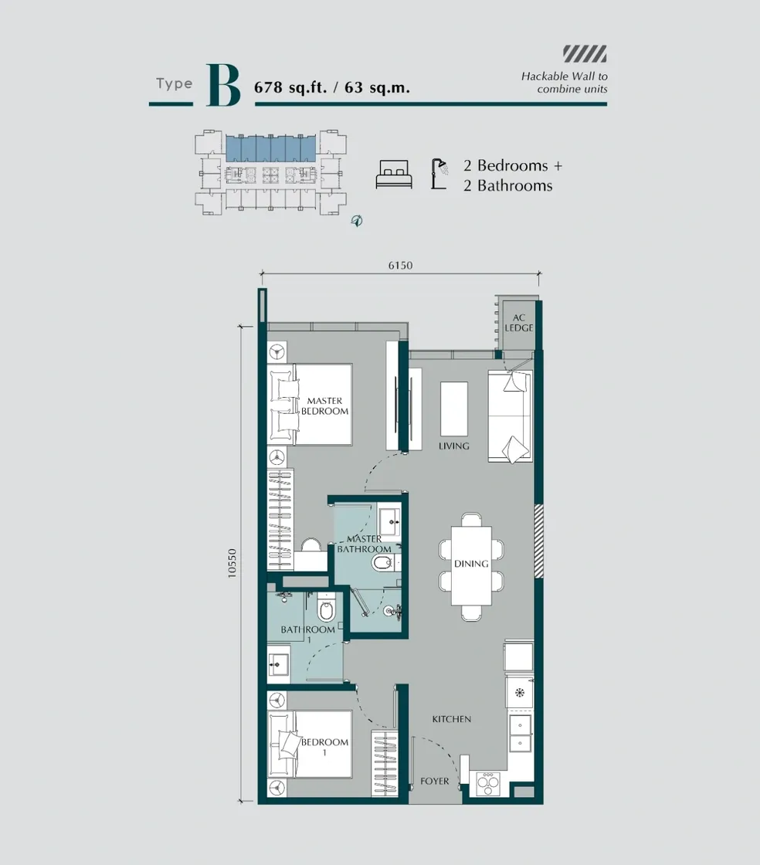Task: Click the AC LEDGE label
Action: click(519, 322)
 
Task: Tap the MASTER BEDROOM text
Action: click(324, 406)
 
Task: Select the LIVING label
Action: click(453, 446)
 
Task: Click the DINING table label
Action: click(471, 564)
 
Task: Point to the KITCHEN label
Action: click(451, 719)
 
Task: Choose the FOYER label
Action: click(434, 782)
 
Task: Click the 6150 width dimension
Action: click(400, 266)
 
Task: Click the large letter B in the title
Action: click(222, 86)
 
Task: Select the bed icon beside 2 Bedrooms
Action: click(395, 175)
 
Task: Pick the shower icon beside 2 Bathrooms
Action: click(440, 174)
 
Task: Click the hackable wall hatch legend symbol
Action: click(585, 54)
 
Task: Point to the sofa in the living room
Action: click(510, 416)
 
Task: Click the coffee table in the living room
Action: click(453, 409)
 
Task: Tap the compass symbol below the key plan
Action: click(357, 221)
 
